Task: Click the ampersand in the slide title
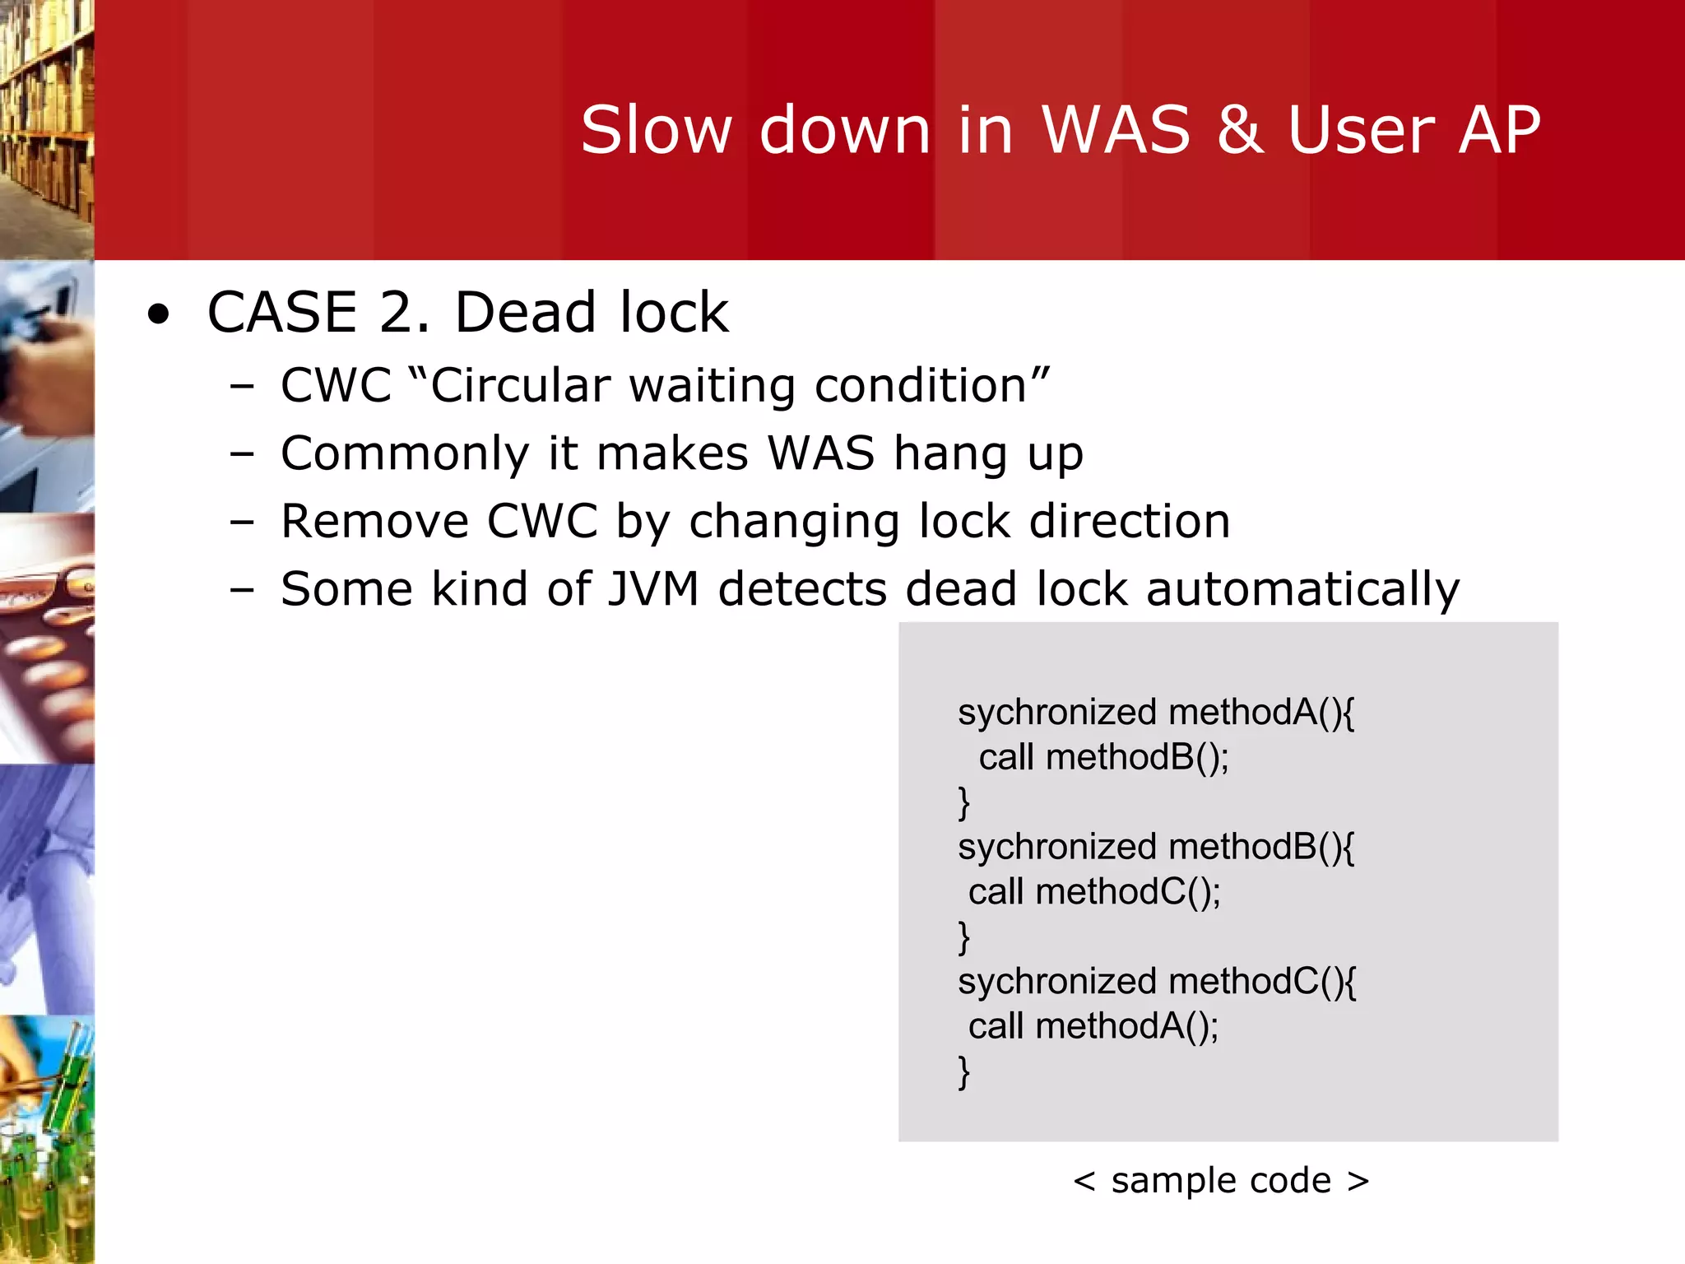pyautogui.click(x=1240, y=130)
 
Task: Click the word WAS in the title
pyautogui.click(x=1116, y=130)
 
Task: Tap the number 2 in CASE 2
pyautogui.click(x=402, y=313)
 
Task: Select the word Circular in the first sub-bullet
pyautogui.click(x=520, y=385)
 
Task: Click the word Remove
pyautogui.click(x=374, y=521)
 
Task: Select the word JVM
pyautogui.click(x=653, y=589)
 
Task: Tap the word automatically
pyautogui.click(x=1302, y=589)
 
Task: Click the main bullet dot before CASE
pyautogui.click(x=158, y=314)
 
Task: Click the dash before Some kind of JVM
pyautogui.click(x=242, y=589)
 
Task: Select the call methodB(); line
pyautogui.click(x=1102, y=757)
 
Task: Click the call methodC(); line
pyautogui.click(x=1094, y=892)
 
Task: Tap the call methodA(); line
pyautogui.click(x=1093, y=1026)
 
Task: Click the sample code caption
pyautogui.click(x=1221, y=1180)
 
